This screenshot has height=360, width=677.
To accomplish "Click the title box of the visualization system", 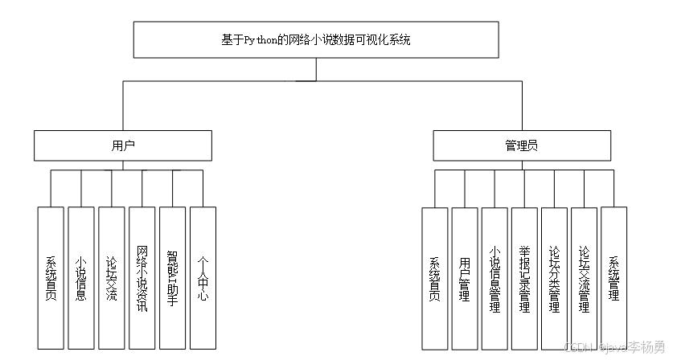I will [316, 39].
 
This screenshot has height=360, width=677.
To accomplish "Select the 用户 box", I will [123, 146].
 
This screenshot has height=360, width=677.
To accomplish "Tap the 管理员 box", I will [521, 146].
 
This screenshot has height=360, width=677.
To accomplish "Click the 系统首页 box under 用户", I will [50, 278].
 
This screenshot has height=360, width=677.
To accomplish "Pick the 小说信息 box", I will [80, 278].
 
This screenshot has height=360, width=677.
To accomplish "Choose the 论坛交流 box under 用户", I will [111, 278].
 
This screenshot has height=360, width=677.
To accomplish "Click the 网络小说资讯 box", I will [142, 278].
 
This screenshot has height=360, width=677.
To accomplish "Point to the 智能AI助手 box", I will [172, 278].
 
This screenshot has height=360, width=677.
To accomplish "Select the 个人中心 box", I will [203, 278].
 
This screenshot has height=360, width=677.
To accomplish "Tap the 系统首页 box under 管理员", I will [434, 278].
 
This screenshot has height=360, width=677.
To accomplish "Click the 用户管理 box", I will [464, 278].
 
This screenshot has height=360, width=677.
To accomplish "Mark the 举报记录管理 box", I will [523, 278].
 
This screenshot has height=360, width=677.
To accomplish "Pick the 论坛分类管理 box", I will [553, 278].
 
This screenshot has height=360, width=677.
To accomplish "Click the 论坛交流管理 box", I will [584, 278].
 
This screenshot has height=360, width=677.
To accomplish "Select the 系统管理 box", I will [613, 278].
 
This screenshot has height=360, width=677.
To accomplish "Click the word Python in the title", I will [264, 39].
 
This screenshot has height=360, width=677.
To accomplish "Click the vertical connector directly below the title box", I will [316, 69].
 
